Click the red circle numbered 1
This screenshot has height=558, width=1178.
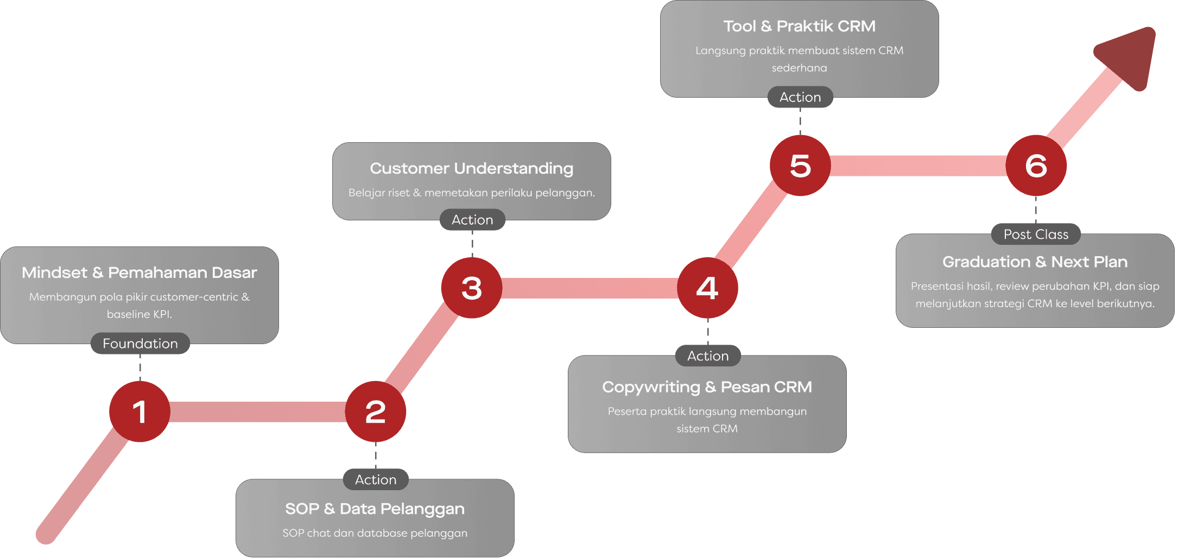[140, 411]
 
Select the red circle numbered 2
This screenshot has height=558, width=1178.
[376, 411]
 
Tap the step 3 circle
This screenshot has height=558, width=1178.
[471, 288]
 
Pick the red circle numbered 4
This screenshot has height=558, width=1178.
[707, 288]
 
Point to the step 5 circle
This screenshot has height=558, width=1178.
[800, 166]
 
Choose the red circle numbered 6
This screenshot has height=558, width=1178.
[1036, 166]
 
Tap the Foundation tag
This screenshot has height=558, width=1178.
[140, 344]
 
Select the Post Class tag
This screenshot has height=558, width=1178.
[1036, 234]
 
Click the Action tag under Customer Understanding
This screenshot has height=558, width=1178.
[472, 220]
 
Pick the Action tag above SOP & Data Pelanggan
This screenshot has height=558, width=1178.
[376, 480]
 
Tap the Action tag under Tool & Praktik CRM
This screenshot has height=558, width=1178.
[800, 97]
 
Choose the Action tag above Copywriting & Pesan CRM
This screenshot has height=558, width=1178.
[708, 356]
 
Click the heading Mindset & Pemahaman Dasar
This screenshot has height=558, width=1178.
[139, 272]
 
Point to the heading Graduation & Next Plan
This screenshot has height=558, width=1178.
[1035, 262]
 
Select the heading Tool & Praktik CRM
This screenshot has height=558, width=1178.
[799, 26]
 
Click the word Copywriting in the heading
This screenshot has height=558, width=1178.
[651, 387]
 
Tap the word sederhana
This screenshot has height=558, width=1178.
[799, 68]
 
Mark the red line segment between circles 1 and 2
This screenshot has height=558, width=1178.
[258, 411]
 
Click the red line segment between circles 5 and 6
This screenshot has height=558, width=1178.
[917, 166]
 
